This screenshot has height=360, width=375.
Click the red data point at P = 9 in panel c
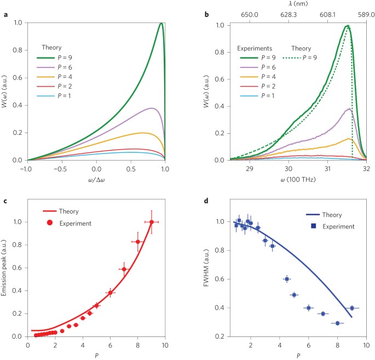point(152,222)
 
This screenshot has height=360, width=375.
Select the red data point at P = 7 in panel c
point(124,269)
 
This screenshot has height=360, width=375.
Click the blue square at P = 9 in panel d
point(351,308)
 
